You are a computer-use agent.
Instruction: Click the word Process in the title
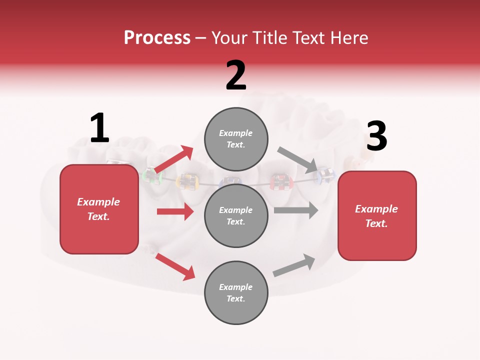[157, 37]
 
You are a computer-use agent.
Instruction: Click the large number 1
[99, 128]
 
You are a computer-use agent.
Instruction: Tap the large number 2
[236, 75]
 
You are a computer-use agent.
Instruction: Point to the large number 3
[376, 136]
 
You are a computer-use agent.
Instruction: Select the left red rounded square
[99, 209]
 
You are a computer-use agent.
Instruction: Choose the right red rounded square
[377, 215]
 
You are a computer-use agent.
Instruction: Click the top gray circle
[236, 138]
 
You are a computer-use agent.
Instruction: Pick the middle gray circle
[236, 215]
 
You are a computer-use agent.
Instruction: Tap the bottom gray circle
[236, 292]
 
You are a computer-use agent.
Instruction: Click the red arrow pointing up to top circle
[174, 159]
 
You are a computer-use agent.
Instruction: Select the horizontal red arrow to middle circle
[175, 211]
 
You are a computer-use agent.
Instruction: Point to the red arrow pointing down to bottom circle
[175, 266]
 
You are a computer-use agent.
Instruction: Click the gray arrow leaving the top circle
[298, 159]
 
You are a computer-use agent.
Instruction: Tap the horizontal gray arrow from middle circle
[296, 210]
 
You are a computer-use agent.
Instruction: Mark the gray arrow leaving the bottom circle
[294, 265]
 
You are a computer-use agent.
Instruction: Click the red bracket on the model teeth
[280, 181]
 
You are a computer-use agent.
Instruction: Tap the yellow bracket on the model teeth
[186, 181]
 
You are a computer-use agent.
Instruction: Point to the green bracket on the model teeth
[149, 176]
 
